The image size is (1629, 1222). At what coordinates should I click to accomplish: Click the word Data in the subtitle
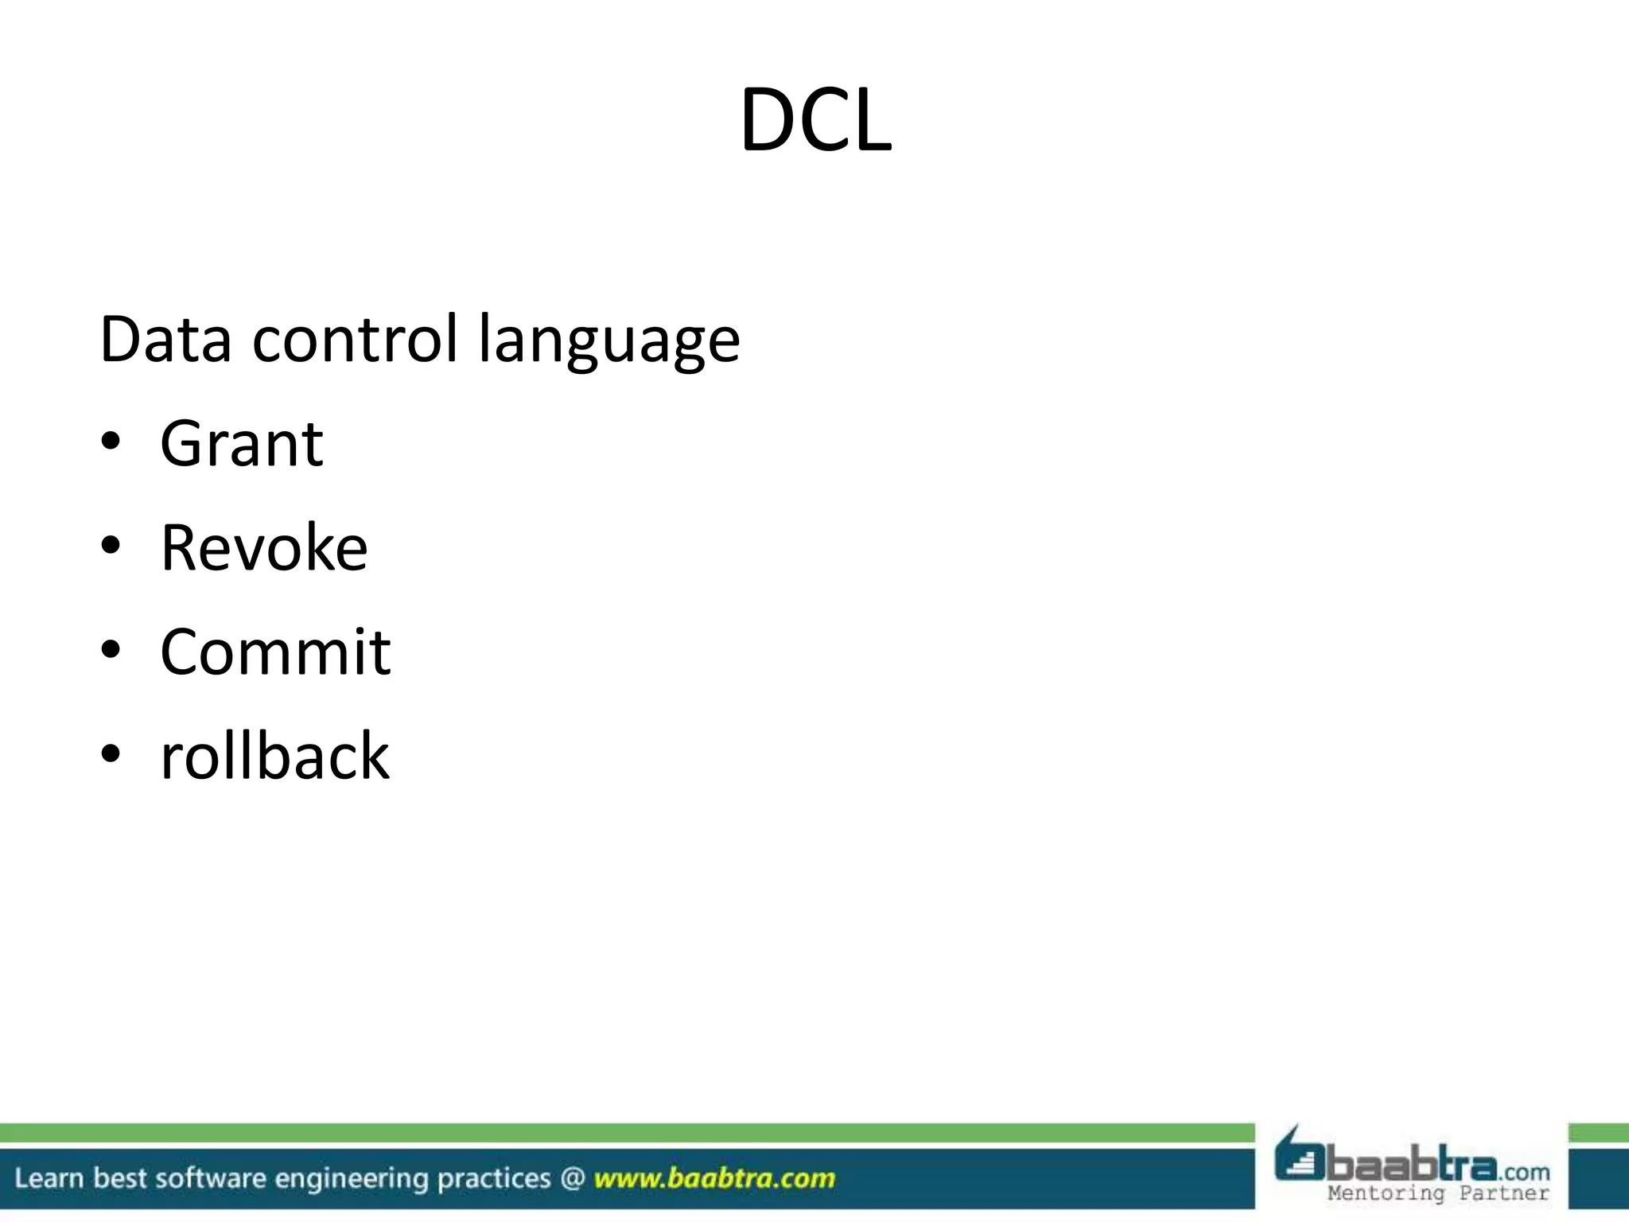pyautogui.click(x=165, y=340)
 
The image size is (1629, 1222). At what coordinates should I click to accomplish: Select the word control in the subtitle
pyautogui.click(x=355, y=340)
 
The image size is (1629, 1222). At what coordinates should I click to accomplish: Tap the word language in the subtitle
pyautogui.click(x=609, y=342)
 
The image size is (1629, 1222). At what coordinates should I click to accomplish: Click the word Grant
pyautogui.click(x=241, y=444)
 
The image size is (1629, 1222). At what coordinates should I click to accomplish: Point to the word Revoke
pyautogui.click(x=264, y=548)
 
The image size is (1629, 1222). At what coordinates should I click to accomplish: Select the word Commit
pyautogui.click(x=275, y=652)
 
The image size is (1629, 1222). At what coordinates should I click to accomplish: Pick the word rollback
pyautogui.click(x=274, y=756)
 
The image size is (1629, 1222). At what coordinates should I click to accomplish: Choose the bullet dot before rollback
pyautogui.click(x=111, y=753)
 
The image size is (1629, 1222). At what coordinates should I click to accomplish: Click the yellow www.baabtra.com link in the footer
pyautogui.click(x=714, y=1178)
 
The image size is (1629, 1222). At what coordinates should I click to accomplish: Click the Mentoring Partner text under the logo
pyautogui.click(x=1438, y=1193)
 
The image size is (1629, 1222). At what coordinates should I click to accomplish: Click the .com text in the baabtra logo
pyautogui.click(x=1524, y=1172)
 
